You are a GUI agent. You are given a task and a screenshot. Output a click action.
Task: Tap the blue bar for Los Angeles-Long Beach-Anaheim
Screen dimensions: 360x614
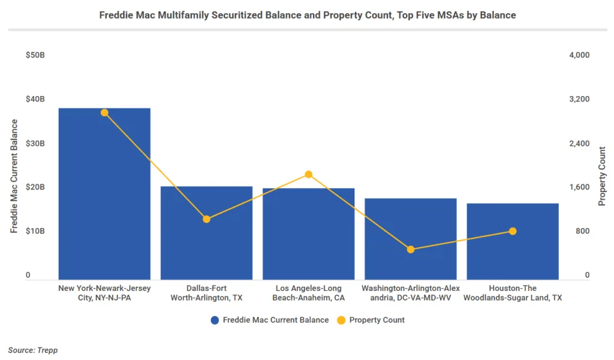308,240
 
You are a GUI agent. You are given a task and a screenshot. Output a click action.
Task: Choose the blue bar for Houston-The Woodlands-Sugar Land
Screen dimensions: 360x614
513,246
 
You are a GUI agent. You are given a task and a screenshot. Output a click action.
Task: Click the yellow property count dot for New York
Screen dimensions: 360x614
104,113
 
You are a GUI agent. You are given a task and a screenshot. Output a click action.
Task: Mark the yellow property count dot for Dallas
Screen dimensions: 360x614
206,219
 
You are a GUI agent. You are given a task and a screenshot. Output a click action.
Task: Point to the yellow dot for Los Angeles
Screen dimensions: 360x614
309,175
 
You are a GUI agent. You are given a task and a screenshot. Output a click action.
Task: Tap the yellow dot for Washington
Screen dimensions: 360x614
411,250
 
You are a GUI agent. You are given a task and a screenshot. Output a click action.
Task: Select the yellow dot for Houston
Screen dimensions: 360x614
513,232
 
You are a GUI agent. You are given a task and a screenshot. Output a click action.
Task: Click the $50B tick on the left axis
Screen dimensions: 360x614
35,55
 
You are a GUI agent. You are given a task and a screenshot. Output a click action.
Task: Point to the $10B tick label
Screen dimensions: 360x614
35,232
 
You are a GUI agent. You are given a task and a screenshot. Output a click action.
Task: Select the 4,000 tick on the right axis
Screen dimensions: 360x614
579,55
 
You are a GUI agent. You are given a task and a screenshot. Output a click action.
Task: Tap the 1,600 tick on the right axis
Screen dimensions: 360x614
579,187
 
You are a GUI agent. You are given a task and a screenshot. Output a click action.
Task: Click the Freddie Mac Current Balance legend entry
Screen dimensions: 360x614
270,320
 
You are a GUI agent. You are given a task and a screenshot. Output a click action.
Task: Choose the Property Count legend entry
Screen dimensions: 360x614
371,320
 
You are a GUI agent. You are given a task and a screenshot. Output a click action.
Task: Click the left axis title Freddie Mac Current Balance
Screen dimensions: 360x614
14,175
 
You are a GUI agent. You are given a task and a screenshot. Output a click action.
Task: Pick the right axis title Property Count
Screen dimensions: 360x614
603,176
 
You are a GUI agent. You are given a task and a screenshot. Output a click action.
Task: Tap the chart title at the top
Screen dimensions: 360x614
307,15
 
